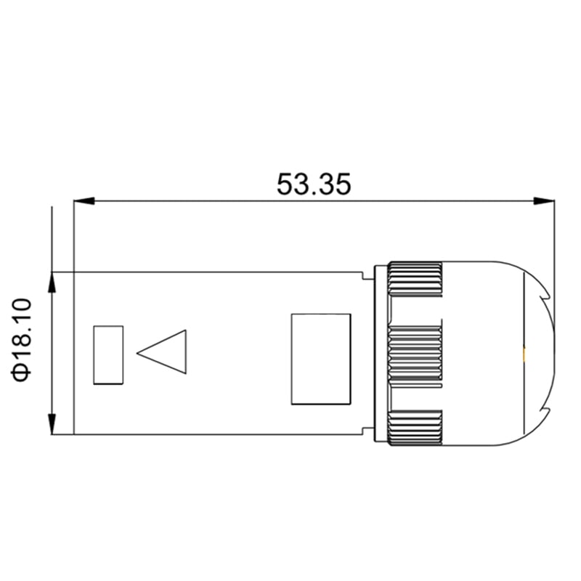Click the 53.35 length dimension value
314,184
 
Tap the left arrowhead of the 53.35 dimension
84,200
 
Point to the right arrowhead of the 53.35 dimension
545,200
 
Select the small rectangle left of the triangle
108,354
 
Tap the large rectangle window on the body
320,358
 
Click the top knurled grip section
415,279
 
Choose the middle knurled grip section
415,353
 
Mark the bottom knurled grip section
415,428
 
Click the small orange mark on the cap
524,354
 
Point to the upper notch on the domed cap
545,296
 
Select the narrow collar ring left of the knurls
379,354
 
